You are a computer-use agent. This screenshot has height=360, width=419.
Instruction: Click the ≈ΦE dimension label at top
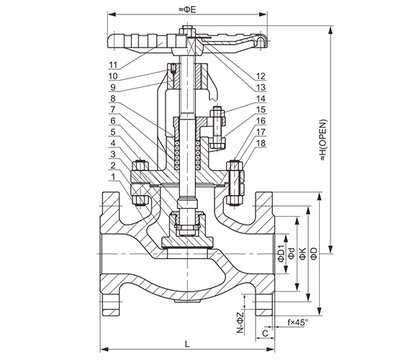(x=187, y=9)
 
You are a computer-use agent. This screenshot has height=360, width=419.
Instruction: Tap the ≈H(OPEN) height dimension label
(x=323, y=140)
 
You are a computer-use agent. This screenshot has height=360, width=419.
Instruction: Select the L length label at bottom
(x=187, y=343)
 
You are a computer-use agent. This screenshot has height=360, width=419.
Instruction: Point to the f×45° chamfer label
(x=298, y=323)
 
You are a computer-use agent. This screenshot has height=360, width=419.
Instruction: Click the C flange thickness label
(x=265, y=333)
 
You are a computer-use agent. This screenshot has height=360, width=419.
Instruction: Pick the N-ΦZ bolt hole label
(x=240, y=322)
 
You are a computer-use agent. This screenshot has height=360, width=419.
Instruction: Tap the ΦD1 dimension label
(x=281, y=252)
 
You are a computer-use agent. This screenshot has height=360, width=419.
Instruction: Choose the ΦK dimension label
(x=302, y=253)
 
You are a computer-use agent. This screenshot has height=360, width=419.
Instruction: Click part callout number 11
(x=113, y=65)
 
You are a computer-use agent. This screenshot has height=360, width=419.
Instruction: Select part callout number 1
(x=113, y=176)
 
